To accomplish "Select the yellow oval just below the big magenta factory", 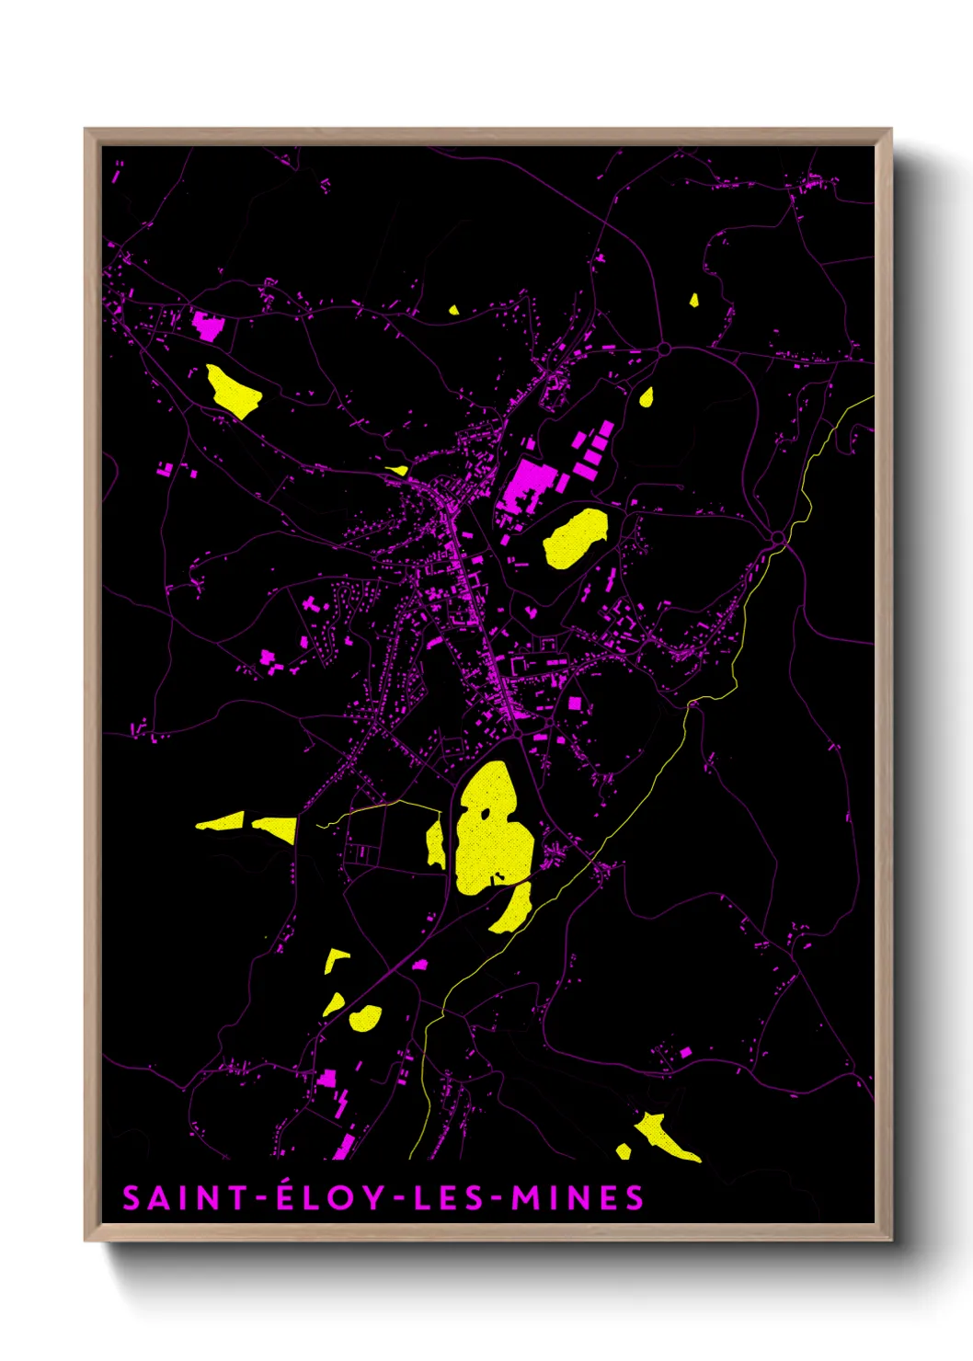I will (576, 538).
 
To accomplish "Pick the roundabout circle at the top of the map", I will (664, 349).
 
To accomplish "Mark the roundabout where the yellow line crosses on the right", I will (779, 537).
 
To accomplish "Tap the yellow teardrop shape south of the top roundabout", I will (647, 397).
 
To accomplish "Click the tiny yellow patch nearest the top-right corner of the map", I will (694, 299).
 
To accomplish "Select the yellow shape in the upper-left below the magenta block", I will (233, 391).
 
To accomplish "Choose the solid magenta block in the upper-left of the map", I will (208, 325).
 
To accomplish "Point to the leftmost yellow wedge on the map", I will (221, 822).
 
